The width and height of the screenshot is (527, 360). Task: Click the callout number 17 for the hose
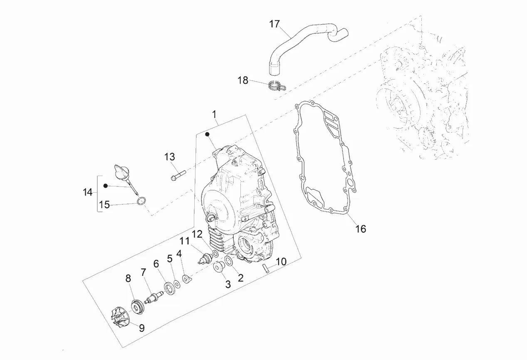(x=274, y=24)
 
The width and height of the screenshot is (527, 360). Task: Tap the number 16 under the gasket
(x=361, y=228)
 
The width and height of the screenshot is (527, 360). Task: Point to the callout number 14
(x=87, y=192)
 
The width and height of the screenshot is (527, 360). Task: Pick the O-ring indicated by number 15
(x=142, y=202)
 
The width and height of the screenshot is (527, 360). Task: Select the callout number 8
(x=128, y=278)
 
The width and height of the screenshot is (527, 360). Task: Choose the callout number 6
(x=156, y=264)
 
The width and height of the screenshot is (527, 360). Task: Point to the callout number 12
(x=197, y=233)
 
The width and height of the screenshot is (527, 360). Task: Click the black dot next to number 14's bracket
(x=106, y=186)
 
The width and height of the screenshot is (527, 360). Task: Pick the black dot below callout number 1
(x=207, y=134)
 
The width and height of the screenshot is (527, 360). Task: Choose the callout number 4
(x=179, y=253)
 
